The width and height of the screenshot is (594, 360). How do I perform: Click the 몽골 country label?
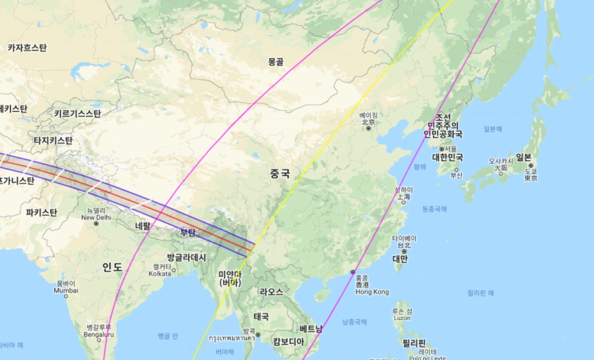276,62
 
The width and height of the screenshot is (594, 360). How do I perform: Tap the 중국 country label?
280,174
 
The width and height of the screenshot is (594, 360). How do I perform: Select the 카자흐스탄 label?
27,47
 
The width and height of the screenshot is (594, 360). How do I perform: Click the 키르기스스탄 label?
77,113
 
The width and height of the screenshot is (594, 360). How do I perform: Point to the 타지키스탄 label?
53,140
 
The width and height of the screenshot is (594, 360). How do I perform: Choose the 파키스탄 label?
42,212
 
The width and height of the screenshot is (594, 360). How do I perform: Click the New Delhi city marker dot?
96,223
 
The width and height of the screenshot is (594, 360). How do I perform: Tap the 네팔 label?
143,226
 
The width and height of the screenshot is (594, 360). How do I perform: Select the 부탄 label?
187,233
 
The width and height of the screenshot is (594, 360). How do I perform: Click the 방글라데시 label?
186,257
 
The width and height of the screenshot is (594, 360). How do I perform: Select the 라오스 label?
271,292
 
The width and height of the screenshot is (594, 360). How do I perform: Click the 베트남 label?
311,329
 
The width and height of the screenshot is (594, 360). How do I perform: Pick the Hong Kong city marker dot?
353,272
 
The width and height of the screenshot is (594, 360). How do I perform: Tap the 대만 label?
400,258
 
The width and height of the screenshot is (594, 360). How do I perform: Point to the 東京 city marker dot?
530,166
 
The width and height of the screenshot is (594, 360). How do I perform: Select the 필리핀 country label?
414,342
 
